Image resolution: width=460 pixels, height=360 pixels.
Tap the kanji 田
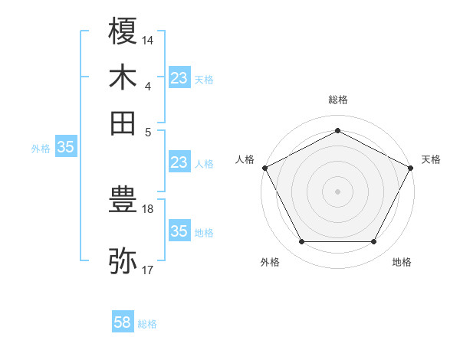123,123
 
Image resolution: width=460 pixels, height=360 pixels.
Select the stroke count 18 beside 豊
148,208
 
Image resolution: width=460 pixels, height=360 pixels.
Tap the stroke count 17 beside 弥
148,270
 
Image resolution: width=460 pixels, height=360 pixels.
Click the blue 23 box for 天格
179,77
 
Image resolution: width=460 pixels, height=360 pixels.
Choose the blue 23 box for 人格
179,162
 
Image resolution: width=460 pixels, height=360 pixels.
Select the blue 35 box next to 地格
179,231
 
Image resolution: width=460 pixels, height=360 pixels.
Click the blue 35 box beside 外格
65,147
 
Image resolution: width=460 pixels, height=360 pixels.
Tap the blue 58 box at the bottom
123,323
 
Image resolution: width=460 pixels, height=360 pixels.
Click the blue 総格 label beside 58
147,324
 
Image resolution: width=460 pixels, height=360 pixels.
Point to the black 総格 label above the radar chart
337,100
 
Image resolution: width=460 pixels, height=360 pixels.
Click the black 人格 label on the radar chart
245,159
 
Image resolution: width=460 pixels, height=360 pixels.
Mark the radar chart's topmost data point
337,130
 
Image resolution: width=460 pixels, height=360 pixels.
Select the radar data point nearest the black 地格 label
374,242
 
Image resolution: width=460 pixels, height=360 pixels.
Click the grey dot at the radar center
337,191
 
